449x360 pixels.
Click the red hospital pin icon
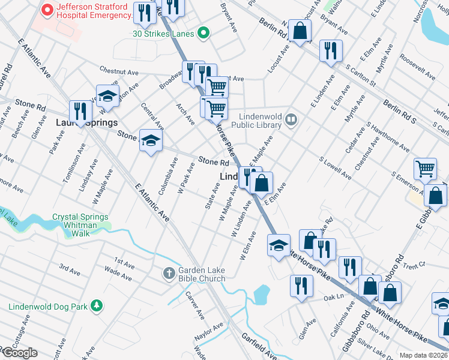(x=46, y=10)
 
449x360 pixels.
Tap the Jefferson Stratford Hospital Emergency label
(x=92, y=11)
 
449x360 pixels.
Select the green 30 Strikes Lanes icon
(x=203, y=34)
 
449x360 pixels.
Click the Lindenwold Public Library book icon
(x=291, y=119)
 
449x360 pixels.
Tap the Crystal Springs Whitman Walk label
(x=80, y=221)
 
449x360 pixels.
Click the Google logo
(x=20, y=353)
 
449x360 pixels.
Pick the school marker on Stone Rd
(x=151, y=141)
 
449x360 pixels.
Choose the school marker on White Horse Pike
(x=278, y=245)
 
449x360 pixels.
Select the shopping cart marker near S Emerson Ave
(x=425, y=169)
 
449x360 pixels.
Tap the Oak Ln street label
(x=330, y=297)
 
